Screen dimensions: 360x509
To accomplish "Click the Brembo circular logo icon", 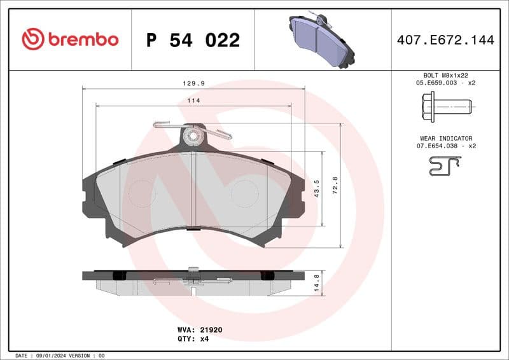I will coord(33,39).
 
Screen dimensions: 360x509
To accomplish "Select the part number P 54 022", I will coord(193,40).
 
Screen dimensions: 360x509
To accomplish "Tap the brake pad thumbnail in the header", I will coord(321,39).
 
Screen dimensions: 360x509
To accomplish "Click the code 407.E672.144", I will coord(445,40).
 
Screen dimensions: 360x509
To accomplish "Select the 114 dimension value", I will coord(193,100).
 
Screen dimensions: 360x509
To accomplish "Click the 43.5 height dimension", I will coord(317,189).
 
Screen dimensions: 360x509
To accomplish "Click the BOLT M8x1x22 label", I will coord(445,75).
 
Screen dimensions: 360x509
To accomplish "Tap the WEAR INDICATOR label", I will coord(445,138).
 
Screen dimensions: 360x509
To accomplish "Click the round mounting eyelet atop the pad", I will coord(190,135).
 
